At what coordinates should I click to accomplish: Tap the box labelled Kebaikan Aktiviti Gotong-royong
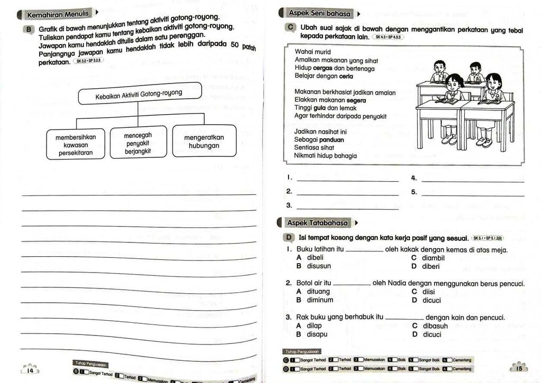[139, 95]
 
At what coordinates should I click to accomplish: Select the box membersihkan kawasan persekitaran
[76, 145]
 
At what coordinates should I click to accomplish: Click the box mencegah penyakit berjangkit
[138, 143]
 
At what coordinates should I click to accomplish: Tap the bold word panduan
[331, 140]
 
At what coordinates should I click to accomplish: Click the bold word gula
[319, 108]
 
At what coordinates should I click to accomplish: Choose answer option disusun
[319, 266]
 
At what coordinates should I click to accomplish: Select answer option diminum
[320, 300]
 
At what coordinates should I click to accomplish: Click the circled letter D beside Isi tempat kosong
[290, 238]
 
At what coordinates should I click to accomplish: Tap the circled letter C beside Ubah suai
[291, 27]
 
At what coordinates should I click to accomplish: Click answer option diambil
[433, 258]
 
